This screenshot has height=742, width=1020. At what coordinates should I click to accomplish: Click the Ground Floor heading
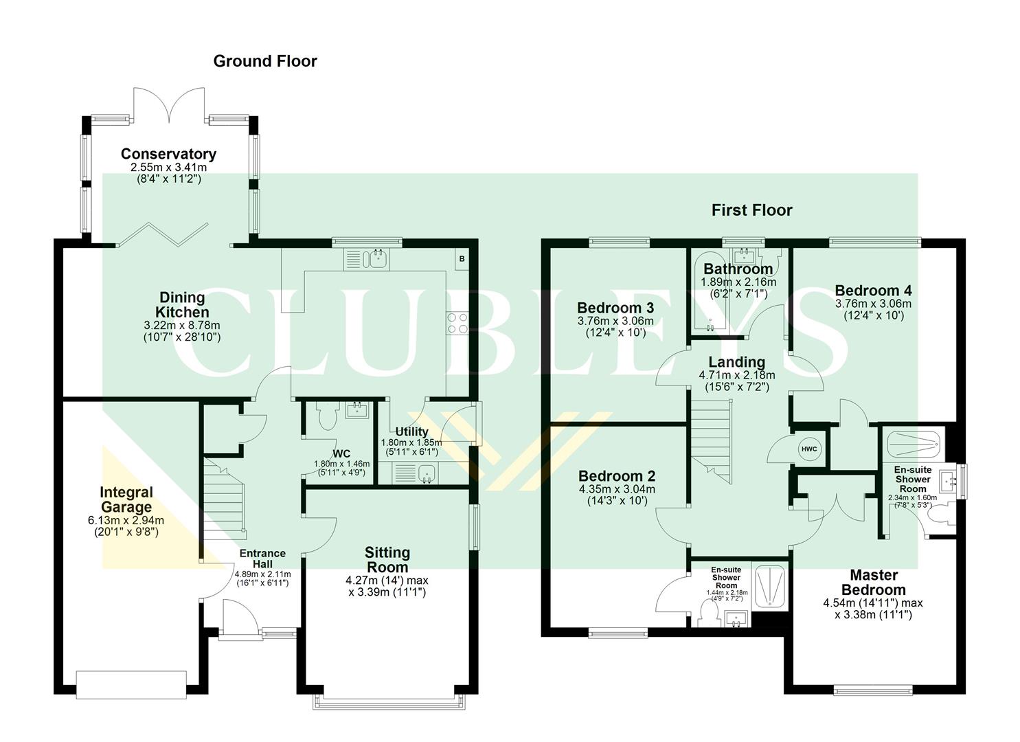[265, 61]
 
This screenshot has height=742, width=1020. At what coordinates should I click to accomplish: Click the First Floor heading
[751, 210]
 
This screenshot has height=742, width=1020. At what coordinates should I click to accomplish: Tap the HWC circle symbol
[809, 449]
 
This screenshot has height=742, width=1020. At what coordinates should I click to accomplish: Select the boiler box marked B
[462, 259]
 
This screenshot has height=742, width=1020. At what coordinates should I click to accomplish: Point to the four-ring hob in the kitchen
[457, 323]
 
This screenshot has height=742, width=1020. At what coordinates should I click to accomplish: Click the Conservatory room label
[168, 154]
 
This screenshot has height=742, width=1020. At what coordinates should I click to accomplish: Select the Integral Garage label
[126, 499]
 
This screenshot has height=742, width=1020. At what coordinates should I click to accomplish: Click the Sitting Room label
[387, 559]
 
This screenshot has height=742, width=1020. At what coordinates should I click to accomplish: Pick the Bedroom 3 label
[615, 308]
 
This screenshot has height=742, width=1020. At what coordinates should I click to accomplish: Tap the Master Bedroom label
[873, 582]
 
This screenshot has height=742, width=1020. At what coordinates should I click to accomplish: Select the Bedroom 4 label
[873, 290]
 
